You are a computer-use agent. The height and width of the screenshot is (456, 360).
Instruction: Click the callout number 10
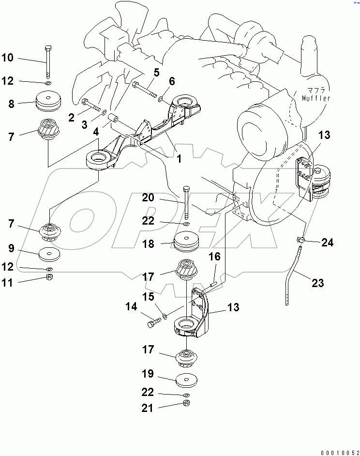pos(8,59)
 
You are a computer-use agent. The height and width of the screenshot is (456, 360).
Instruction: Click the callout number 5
pos(156,73)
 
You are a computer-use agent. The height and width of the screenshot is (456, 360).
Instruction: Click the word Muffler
pos(316,99)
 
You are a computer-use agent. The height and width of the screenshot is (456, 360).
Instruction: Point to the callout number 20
pos(148,197)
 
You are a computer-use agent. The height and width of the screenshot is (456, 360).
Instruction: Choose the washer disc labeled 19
pos(186,380)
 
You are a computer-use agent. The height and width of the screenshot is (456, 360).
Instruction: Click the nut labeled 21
pos(186,404)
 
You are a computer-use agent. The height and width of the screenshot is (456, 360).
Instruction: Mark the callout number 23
pos(317,283)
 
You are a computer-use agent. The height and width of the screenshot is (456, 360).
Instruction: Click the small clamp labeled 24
pos(300,239)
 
